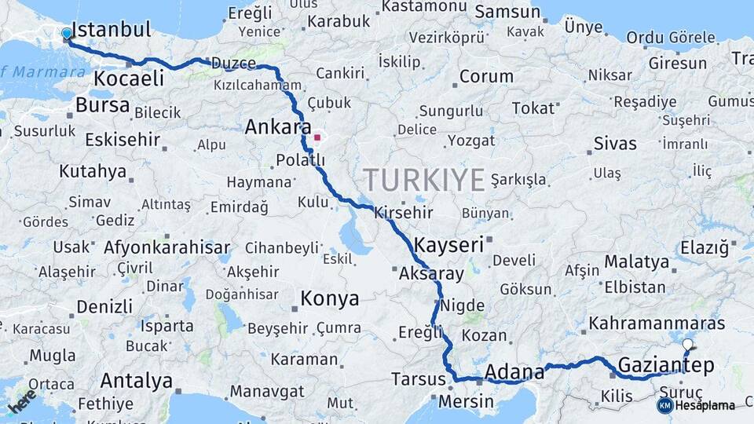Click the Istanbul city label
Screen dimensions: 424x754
pyautogui.click(x=111, y=31)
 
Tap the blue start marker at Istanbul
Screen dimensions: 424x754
pyautogui.click(x=67, y=34)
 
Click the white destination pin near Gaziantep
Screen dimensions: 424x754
pyautogui.click(x=688, y=345)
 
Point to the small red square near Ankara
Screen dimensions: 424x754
pyautogui.click(x=317, y=137)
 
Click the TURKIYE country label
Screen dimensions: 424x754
pyautogui.click(x=423, y=180)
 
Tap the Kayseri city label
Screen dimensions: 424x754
pyautogui.click(x=448, y=244)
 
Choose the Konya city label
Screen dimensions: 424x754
pyautogui.click(x=330, y=298)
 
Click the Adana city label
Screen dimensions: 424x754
pyautogui.click(x=514, y=371)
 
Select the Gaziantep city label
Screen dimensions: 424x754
pyautogui.click(x=666, y=365)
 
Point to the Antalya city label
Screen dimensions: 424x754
pyautogui.click(x=136, y=382)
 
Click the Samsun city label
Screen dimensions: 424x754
pyautogui.click(x=508, y=12)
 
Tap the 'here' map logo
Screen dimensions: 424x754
pyautogui.click(x=21, y=400)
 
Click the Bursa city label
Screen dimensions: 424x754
pyautogui.click(x=103, y=105)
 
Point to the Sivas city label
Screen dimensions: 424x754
pyautogui.click(x=615, y=144)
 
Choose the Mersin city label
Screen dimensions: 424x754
pyautogui.click(x=467, y=401)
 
